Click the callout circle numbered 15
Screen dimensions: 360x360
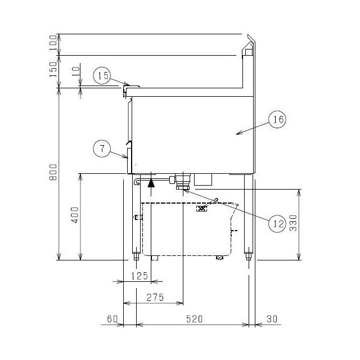tap(102, 75)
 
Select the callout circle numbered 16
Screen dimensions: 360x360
tap(277, 119)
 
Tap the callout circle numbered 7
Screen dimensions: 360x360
tap(102, 148)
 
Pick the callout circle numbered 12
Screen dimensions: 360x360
tap(277, 224)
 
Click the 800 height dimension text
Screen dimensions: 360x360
tap(53, 172)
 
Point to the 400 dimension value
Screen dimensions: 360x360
tap(75, 215)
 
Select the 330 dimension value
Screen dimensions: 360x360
tap(293, 223)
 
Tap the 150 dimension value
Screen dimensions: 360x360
tap(53, 69)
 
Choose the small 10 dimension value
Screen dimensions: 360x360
tap(76, 71)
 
